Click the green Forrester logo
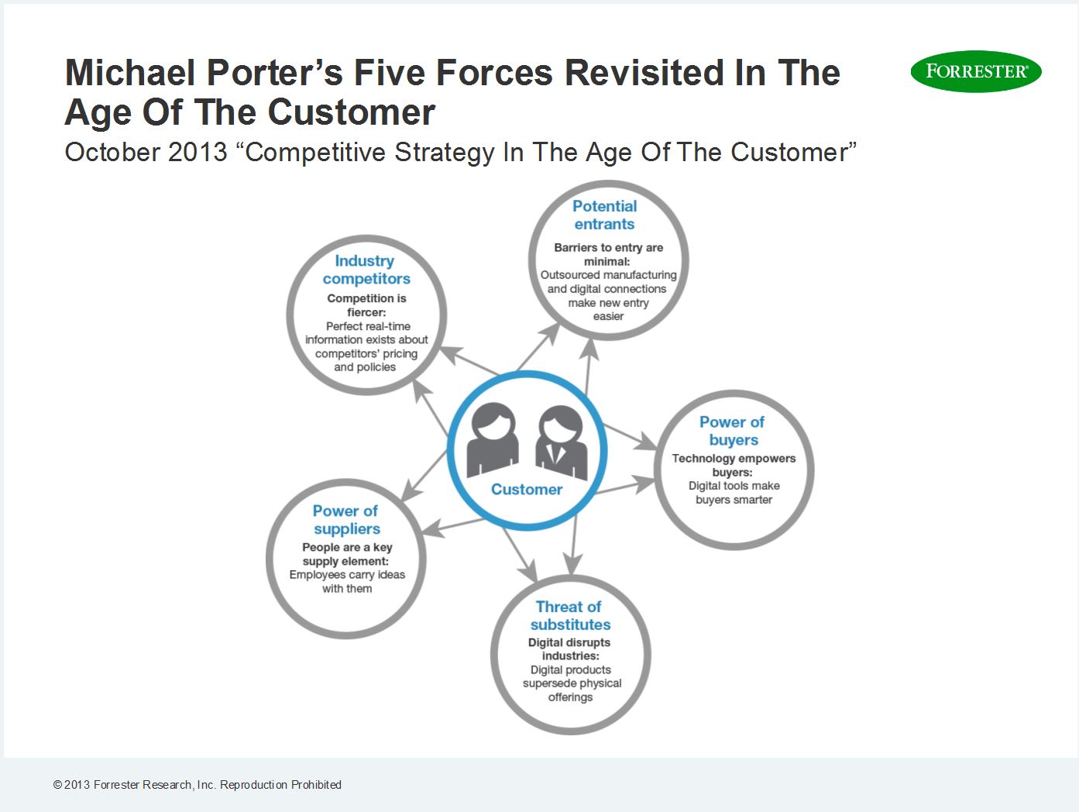[x=976, y=71]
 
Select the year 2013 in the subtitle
[x=198, y=152]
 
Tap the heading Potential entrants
[x=605, y=215]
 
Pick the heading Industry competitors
[x=366, y=270]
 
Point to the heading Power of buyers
[x=733, y=431]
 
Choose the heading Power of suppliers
[x=346, y=520]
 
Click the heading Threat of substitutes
[x=570, y=615]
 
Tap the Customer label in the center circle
[x=527, y=489]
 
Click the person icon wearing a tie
[x=561, y=442]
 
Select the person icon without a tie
[x=493, y=440]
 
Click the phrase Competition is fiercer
[x=366, y=305]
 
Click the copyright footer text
[x=197, y=785]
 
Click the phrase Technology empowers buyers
[x=734, y=465]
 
